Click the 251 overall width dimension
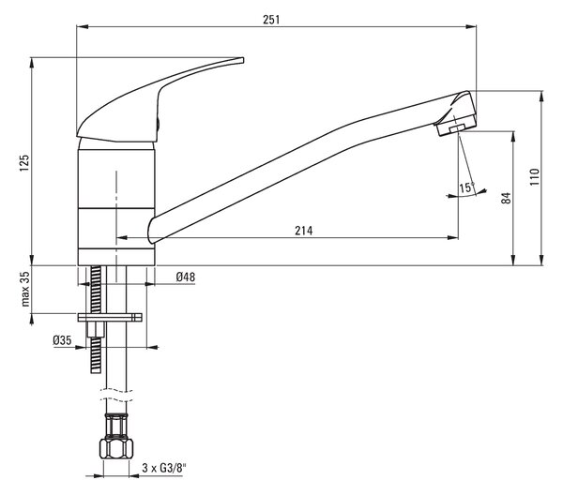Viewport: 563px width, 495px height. (271, 20)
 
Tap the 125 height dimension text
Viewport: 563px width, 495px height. (24, 163)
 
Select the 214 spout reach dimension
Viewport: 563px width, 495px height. (304, 231)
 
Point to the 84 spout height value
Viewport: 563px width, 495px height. (506, 198)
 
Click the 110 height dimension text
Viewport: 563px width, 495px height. (535, 177)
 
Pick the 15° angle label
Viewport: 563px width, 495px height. (467, 187)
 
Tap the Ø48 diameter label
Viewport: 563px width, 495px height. (186, 277)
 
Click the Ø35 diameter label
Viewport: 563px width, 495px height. (62, 340)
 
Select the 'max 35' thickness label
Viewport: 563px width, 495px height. (24, 289)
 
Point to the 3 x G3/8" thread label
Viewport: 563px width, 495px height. (165, 468)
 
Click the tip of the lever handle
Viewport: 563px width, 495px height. (243, 60)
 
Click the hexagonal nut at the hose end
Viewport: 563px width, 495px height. (116, 447)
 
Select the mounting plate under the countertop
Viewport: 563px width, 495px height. (110, 318)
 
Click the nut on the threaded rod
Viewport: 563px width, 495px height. (96, 329)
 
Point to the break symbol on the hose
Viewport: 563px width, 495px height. (116, 395)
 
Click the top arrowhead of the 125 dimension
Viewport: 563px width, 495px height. (32, 63)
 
